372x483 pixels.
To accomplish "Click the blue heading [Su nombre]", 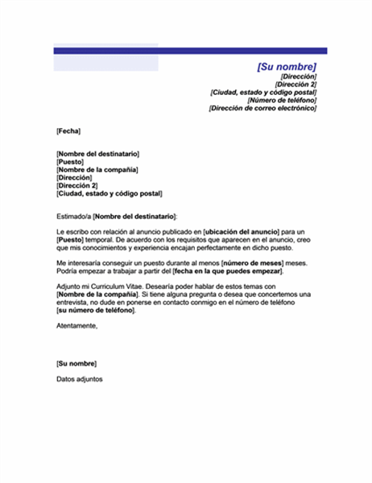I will (286, 66).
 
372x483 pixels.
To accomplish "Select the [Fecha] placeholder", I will (68, 130).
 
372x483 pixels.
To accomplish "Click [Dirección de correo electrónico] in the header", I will (262, 108).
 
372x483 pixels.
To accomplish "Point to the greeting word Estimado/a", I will (73, 217).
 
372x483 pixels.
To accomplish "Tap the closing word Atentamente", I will (76, 325).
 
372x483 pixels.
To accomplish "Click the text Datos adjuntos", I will (80, 379).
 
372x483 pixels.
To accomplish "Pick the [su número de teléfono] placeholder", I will (96, 310).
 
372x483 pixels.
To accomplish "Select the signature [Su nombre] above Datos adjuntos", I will (76, 364).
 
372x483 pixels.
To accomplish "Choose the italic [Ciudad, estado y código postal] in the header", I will (262, 92).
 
